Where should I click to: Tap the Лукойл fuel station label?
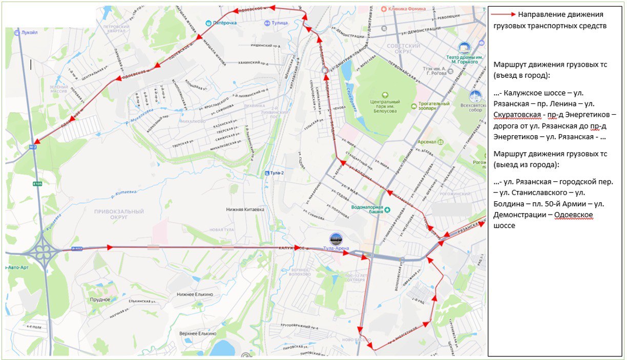[x=30, y=32]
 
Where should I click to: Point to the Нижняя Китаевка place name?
[x=245, y=209]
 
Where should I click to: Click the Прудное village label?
[x=100, y=299]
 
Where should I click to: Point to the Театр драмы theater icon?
[x=464, y=48]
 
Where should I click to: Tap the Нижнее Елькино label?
[x=195, y=294]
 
